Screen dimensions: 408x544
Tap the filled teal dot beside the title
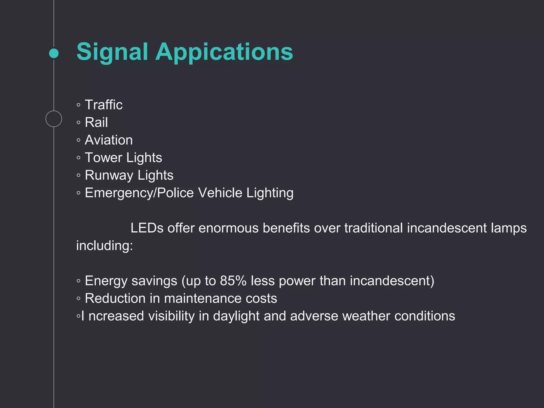(54, 53)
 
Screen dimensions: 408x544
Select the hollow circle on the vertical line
(54, 119)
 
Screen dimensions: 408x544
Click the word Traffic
(104, 105)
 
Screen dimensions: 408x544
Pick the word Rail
(96, 122)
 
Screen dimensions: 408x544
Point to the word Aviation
(109, 140)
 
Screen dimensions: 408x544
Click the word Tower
(103, 158)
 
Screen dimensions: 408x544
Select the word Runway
(109, 175)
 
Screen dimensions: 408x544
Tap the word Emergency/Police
(139, 193)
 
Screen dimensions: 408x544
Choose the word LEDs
(147, 228)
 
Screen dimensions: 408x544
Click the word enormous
(228, 228)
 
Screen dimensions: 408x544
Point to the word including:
(104, 246)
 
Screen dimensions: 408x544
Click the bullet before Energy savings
(78, 281)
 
